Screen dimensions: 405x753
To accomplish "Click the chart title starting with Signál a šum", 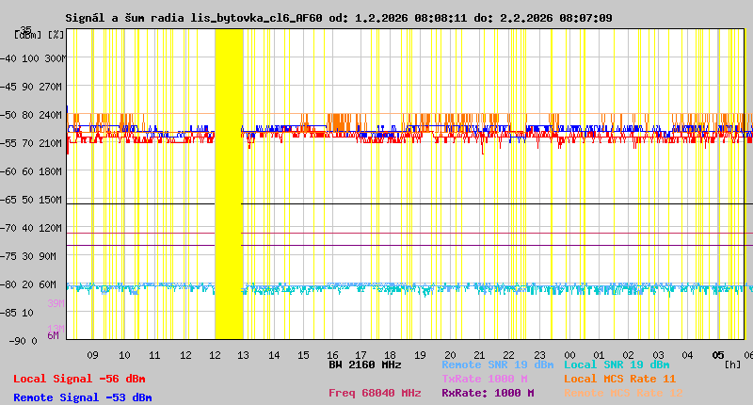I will coord(339,18).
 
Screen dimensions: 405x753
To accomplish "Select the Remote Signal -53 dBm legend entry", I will coord(82,397).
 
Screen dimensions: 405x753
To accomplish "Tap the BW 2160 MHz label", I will coord(364,364).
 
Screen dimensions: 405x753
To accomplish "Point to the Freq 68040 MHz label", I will coord(375,393).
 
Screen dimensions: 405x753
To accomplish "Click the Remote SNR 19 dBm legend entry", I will coord(497,364).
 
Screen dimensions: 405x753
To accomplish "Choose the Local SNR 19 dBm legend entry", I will coord(617,364).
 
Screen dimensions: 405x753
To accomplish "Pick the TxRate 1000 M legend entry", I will coord(484,379).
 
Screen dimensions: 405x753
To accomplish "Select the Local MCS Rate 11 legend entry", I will coord(619,379).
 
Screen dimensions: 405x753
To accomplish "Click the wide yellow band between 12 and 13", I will coord(229,184).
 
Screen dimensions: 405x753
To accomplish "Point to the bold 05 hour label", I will coord(717,355).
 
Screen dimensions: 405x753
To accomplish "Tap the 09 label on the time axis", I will coord(92,355).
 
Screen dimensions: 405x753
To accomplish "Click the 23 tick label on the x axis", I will coord(538,355).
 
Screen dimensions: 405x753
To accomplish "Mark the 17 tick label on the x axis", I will coord(362,355).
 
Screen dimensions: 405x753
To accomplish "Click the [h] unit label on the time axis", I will coord(733,364).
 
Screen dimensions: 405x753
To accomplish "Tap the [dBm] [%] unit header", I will coord(40,34).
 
